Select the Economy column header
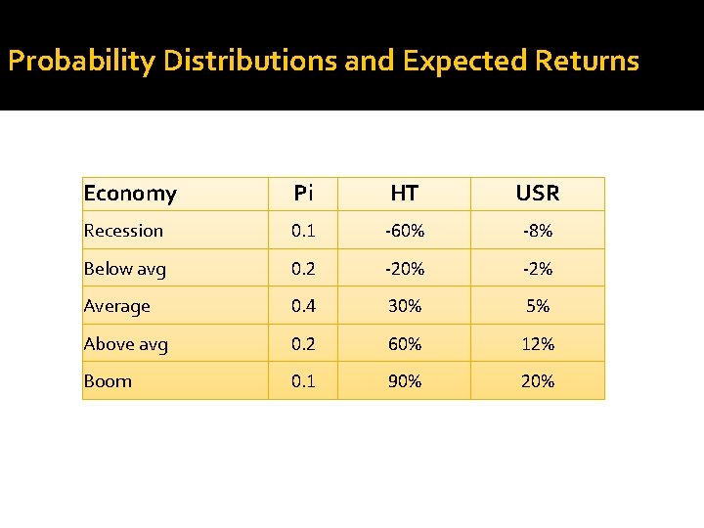(130, 194)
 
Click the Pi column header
(303, 194)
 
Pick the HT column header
(404, 194)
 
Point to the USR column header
(538, 194)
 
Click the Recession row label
(123, 231)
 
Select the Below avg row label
(125, 269)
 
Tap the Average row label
(117, 306)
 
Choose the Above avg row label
(126, 344)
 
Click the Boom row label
(108, 381)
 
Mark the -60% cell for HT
(404, 231)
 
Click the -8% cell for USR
(538, 231)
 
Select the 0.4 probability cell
(303, 306)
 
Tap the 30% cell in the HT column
(404, 306)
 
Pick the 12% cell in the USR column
(538, 344)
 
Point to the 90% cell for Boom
(404, 381)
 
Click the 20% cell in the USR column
(538, 381)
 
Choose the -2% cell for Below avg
(538, 269)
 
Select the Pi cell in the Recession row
(303, 231)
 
